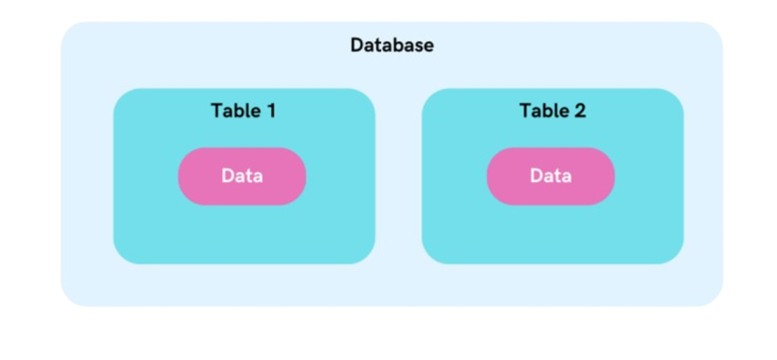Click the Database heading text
pyautogui.click(x=392, y=45)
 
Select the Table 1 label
pyautogui.click(x=243, y=110)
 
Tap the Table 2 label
pyautogui.click(x=552, y=110)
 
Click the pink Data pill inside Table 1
pyautogui.click(x=242, y=176)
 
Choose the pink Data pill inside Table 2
pyautogui.click(x=550, y=176)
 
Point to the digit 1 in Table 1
pyautogui.click(x=271, y=110)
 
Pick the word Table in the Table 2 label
pyautogui.click(x=544, y=110)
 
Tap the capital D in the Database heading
pyautogui.click(x=357, y=45)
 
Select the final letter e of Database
pyautogui.click(x=429, y=47)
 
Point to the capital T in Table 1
pyautogui.click(x=217, y=110)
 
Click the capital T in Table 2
pyautogui.click(x=525, y=110)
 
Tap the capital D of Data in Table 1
pyautogui.click(x=227, y=176)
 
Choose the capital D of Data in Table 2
pyautogui.click(x=536, y=176)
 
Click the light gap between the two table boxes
pyautogui.click(x=399, y=176)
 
